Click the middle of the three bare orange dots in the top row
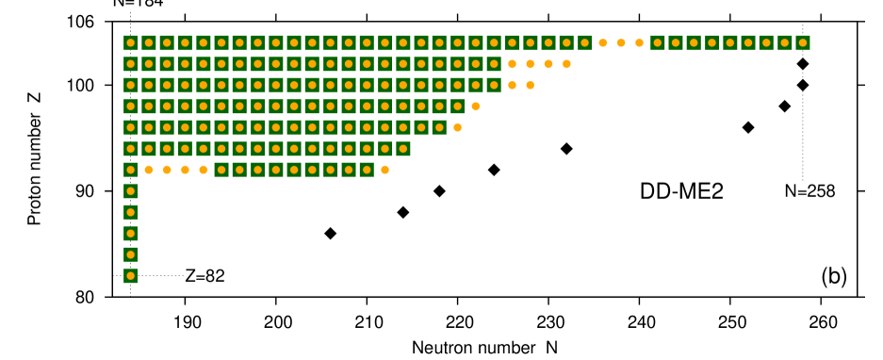(x=621, y=42)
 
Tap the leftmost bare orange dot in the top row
(x=603, y=42)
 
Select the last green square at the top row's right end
(x=802, y=42)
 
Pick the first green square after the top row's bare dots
(x=657, y=42)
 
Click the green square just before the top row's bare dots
(x=584, y=42)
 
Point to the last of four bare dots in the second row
(x=566, y=64)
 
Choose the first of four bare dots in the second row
(x=512, y=64)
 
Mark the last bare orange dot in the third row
(x=530, y=85)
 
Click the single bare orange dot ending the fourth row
(x=475, y=106)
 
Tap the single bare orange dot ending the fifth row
(x=457, y=127)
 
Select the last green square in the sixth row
(x=402, y=149)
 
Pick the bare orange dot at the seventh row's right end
(x=384, y=170)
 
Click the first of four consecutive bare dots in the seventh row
(x=149, y=170)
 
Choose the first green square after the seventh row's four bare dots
(x=221, y=170)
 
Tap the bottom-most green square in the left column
(x=130, y=275)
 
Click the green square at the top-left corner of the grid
(x=130, y=42)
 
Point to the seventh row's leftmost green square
(x=130, y=170)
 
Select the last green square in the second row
(x=494, y=64)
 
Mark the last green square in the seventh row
(x=367, y=170)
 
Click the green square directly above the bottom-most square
(x=130, y=254)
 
